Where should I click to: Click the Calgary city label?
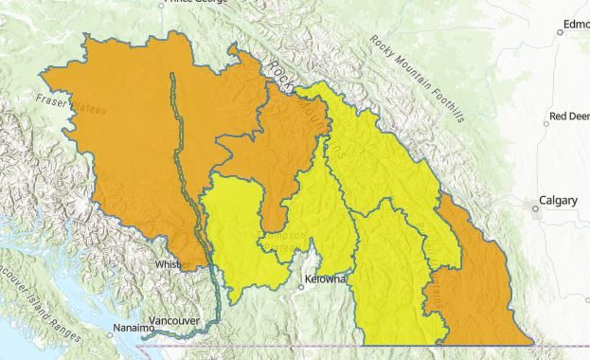click(x=558, y=200)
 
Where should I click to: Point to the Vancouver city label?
click(x=175, y=321)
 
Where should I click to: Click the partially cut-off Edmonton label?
click(x=574, y=25)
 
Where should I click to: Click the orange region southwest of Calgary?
click(x=478, y=284)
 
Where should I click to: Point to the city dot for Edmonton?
click(x=560, y=32)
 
